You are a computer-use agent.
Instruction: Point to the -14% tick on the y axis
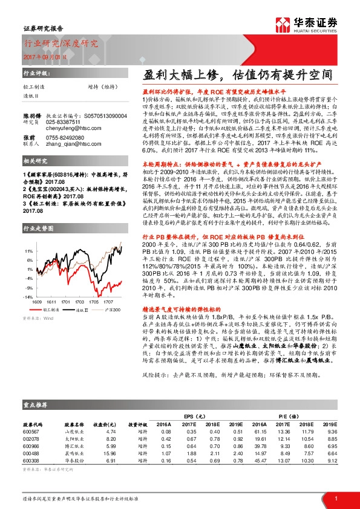pyautogui.click(x=28, y=297)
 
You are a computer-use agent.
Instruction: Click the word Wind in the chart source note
pyautogui.click(x=47, y=318)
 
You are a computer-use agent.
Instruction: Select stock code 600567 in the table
pyautogui.click(x=31, y=432)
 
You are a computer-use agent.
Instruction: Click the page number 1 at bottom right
pyautogui.click(x=335, y=498)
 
